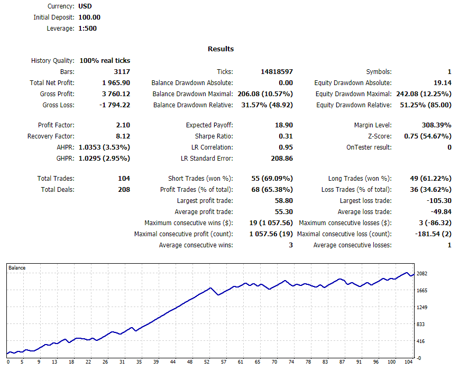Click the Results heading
[221, 49]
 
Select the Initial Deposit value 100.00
[89, 17]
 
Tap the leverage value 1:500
[87, 29]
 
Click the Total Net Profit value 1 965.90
[116, 83]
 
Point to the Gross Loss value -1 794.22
[115, 105]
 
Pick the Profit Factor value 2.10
[123, 125]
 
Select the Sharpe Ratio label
[216, 136]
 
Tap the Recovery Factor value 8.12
[123, 136]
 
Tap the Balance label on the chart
[17, 268]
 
